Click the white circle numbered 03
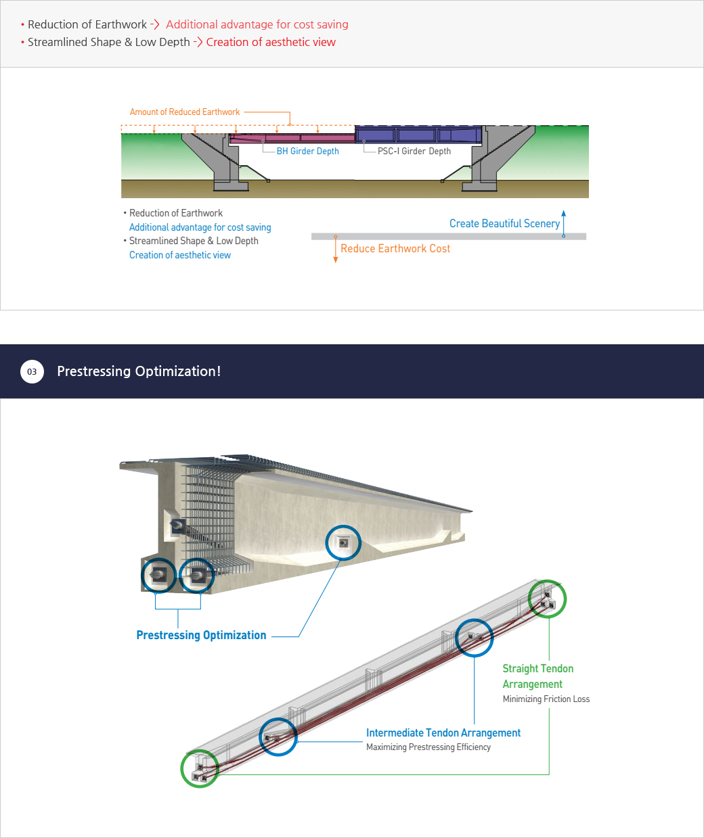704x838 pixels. tap(32, 371)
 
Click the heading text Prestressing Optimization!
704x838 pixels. tap(139, 371)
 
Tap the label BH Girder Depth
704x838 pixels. tap(307, 152)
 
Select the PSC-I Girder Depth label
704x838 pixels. tap(414, 152)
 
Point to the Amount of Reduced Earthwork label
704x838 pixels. tap(184, 112)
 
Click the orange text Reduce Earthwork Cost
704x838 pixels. tap(395, 249)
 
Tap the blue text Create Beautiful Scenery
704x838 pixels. tap(504, 224)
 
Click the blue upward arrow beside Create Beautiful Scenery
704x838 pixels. tap(564, 224)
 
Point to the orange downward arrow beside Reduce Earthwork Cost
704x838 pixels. tap(336, 249)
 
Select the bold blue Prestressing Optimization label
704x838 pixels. tap(201, 635)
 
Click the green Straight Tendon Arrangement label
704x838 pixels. tap(537, 676)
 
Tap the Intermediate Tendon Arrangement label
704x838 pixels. tap(443, 733)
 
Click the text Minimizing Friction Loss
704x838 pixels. tap(546, 699)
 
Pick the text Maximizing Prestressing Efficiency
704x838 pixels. tap(428, 747)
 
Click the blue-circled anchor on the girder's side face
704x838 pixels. tap(343, 543)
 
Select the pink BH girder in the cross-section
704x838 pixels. tap(292, 139)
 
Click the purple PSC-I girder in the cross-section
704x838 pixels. tap(418, 135)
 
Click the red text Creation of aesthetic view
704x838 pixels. tap(271, 42)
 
